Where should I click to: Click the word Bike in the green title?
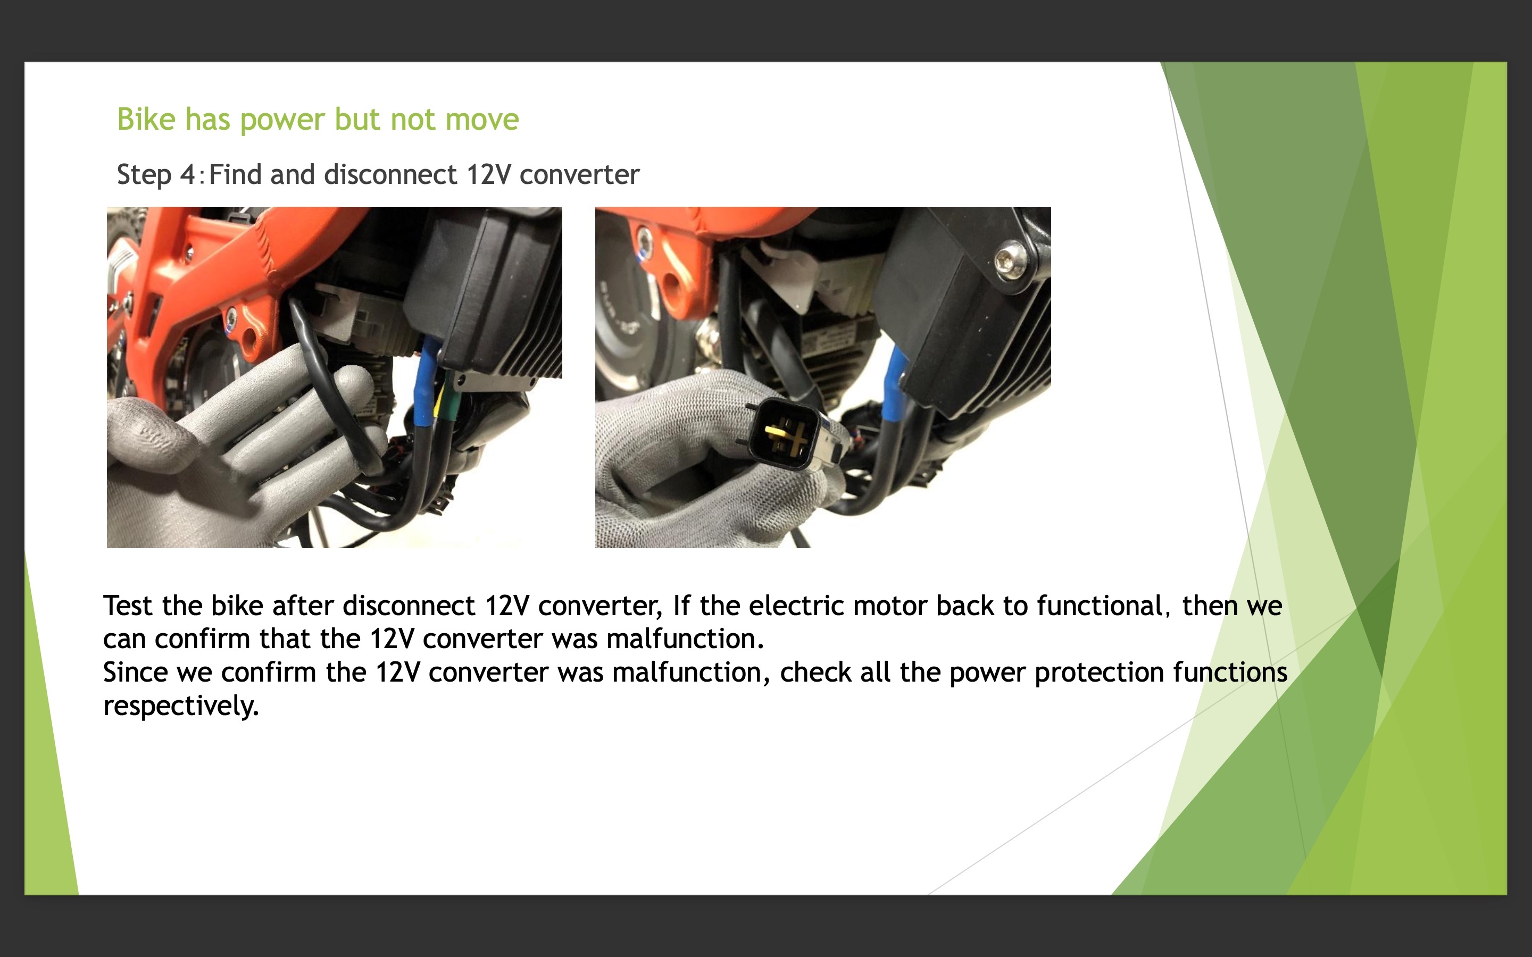click(146, 119)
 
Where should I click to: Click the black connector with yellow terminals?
click(786, 434)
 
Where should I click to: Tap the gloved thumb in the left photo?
click(152, 436)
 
